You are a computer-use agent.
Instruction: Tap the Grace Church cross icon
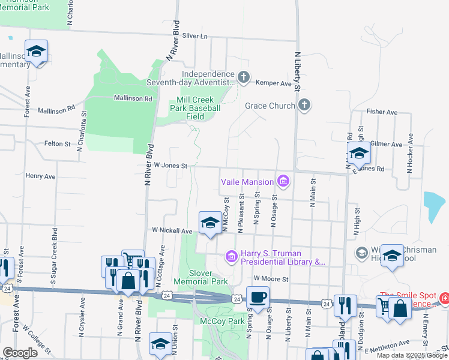click(304, 106)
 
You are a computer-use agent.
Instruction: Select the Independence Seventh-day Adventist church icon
click(243, 77)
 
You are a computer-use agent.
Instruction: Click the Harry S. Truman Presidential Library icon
click(231, 257)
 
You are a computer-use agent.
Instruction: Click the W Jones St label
click(171, 166)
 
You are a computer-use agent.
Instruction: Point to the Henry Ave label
click(40, 176)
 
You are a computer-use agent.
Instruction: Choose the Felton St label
click(57, 144)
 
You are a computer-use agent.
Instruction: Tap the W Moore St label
click(271, 279)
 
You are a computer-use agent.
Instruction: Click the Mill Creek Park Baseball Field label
click(194, 108)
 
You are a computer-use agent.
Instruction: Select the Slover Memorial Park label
click(200, 277)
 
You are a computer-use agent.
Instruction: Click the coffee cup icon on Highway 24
click(258, 297)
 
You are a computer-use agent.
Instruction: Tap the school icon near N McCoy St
click(209, 223)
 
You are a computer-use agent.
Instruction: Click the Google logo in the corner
click(20, 353)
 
